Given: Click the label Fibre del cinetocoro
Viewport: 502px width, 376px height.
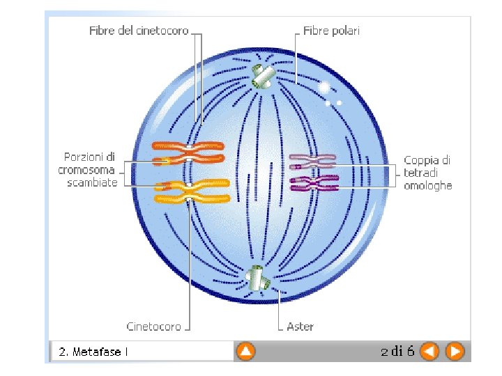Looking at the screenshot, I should [x=138, y=31].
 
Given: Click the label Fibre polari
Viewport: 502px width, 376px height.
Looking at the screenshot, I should [x=331, y=31].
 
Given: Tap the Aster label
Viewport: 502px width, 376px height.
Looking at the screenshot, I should [x=301, y=326].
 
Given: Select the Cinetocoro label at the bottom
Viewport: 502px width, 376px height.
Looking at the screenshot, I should [x=153, y=326].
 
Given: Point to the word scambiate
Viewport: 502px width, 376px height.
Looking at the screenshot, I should [x=92, y=183].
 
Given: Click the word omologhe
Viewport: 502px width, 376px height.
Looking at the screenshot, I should [x=428, y=185].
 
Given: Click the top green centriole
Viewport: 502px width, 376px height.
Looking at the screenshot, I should [x=263, y=77].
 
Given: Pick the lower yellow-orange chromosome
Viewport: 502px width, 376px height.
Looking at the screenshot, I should [x=192, y=190].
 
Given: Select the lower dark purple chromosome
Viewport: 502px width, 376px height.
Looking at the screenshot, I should [x=314, y=183].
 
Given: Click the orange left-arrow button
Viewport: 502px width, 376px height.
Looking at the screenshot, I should [x=430, y=352].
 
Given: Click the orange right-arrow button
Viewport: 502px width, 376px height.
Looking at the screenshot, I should [x=455, y=352].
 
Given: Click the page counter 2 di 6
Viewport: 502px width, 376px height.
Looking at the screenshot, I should [x=397, y=351].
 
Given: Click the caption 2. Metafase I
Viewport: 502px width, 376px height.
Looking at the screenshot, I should [x=93, y=352].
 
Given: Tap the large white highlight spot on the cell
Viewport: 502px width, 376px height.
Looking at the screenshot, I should [x=324, y=87].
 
